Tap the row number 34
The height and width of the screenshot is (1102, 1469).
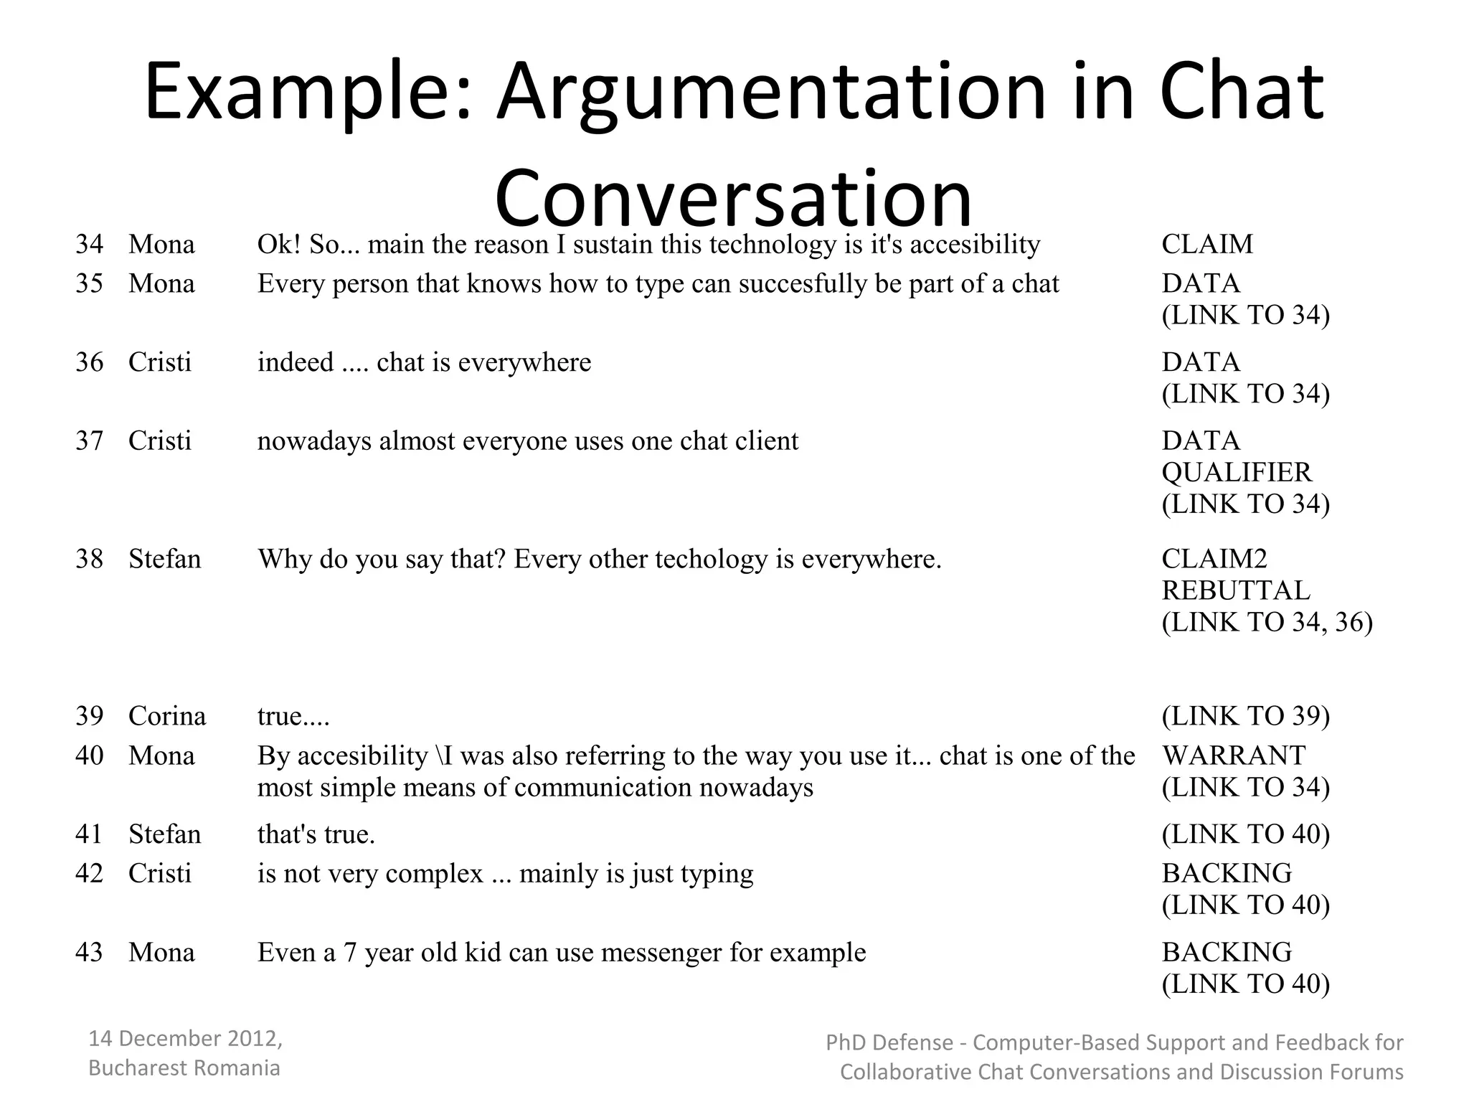point(89,244)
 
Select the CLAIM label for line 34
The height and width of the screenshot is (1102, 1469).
point(1207,244)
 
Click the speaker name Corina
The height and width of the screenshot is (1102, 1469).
point(167,716)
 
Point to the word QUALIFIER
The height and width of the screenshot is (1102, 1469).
point(1237,472)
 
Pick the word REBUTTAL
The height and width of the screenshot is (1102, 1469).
point(1236,590)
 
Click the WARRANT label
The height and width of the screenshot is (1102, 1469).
point(1234,755)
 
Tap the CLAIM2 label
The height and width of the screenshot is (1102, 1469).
point(1214,559)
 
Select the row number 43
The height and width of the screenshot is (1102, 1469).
point(89,952)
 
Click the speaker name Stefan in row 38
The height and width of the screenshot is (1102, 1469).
point(165,559)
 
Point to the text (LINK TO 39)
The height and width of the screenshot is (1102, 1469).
point(1246,716)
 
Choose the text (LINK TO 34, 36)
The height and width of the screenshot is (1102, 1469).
point(1267,622)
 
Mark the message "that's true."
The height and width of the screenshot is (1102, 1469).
point(316,834)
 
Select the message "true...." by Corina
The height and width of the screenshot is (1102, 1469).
point(293,716)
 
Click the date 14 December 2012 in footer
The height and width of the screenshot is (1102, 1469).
point(185,1038)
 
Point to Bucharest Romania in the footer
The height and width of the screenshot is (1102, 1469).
point(184,1068)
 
